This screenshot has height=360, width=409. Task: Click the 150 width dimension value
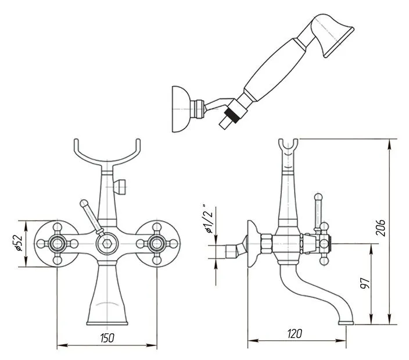(x=106, y=337)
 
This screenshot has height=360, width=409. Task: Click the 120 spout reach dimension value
(x=296, y=334)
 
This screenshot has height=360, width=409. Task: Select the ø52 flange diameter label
(x=19, y=244)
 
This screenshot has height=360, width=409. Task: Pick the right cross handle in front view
(x=157, y=244)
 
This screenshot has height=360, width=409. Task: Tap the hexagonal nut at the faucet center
(x=107, y=243)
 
